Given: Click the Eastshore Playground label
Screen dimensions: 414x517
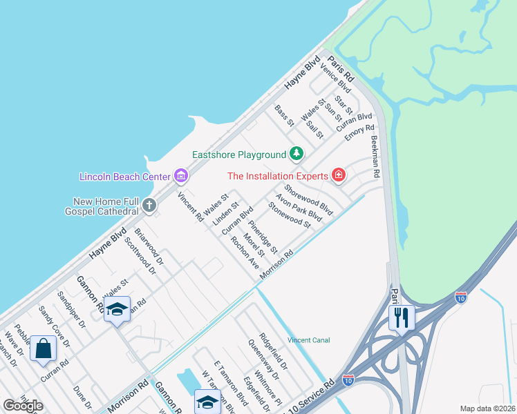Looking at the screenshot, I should coord(239,155).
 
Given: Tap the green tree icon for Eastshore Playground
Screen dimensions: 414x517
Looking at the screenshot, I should coord(297,153).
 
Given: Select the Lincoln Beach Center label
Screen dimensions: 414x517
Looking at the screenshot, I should coord(124,176).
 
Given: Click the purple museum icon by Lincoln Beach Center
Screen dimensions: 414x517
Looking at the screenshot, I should coord(181,175).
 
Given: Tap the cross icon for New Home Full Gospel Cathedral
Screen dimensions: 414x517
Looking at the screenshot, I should coord(149,204).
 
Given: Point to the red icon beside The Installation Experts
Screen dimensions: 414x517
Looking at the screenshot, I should coord(339,175).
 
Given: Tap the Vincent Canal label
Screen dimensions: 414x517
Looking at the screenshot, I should coord(309,340).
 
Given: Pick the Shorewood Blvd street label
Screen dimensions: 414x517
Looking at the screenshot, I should coord(309,198).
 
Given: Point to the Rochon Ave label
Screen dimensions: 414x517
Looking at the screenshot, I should coord(245,253).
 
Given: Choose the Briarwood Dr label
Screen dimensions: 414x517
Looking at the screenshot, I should coord(149,247).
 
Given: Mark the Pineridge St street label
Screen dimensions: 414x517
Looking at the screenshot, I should coord(263,235).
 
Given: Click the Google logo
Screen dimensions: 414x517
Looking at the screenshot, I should coord(23,406).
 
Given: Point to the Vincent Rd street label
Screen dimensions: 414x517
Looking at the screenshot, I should coord(190,206).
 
